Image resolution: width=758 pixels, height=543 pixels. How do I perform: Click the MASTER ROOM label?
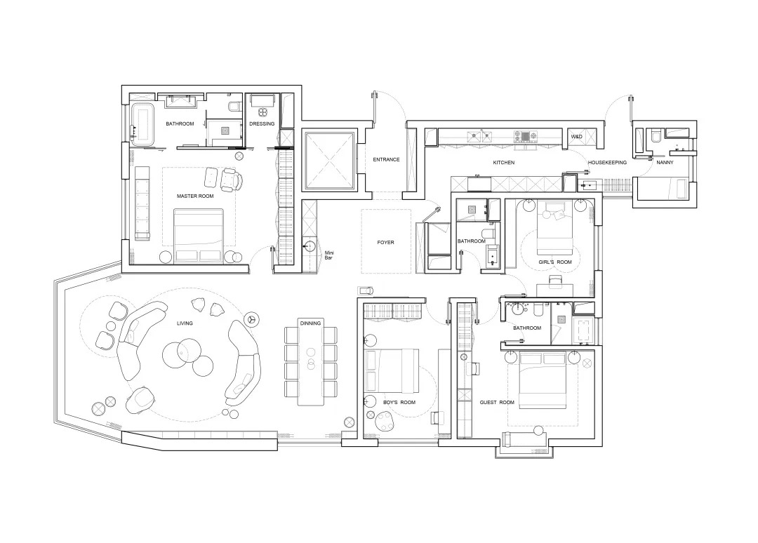click(x=195, y=196)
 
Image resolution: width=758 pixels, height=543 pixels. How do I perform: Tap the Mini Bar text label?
click(x=328, y=255)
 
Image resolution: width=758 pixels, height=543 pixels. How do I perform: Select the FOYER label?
click(x=386, y=243)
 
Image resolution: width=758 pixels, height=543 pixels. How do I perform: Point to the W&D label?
click(x=576, y=137)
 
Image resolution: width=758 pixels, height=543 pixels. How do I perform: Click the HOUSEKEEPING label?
click(x=607, y=162)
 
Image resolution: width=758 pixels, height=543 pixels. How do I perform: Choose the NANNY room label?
click(x=665, y=162)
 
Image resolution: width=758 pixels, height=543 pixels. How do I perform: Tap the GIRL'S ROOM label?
click(x=555, y=262)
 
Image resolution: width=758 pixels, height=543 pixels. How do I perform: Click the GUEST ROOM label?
click(x=497, y=403)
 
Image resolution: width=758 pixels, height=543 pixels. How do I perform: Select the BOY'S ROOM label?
click(x=399, y=403)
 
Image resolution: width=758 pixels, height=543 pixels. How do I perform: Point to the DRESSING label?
click(x=262, y=123)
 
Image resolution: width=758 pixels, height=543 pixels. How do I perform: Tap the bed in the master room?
click(x=198, y=236)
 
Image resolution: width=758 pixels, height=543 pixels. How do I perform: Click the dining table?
click(x=310, y=362)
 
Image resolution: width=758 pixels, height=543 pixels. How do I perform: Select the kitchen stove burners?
click(x=526, y=136)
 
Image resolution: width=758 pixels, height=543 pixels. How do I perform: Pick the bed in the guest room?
click(x=543, y=380)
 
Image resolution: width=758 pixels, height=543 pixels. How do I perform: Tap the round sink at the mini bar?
click(x=310, y=246)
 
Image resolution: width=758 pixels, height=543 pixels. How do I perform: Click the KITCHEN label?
click(x=504, y=163)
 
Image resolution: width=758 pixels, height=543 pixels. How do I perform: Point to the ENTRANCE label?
click(x=386, y=159)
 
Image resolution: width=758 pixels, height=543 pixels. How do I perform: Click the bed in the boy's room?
click(x=392, y=370)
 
